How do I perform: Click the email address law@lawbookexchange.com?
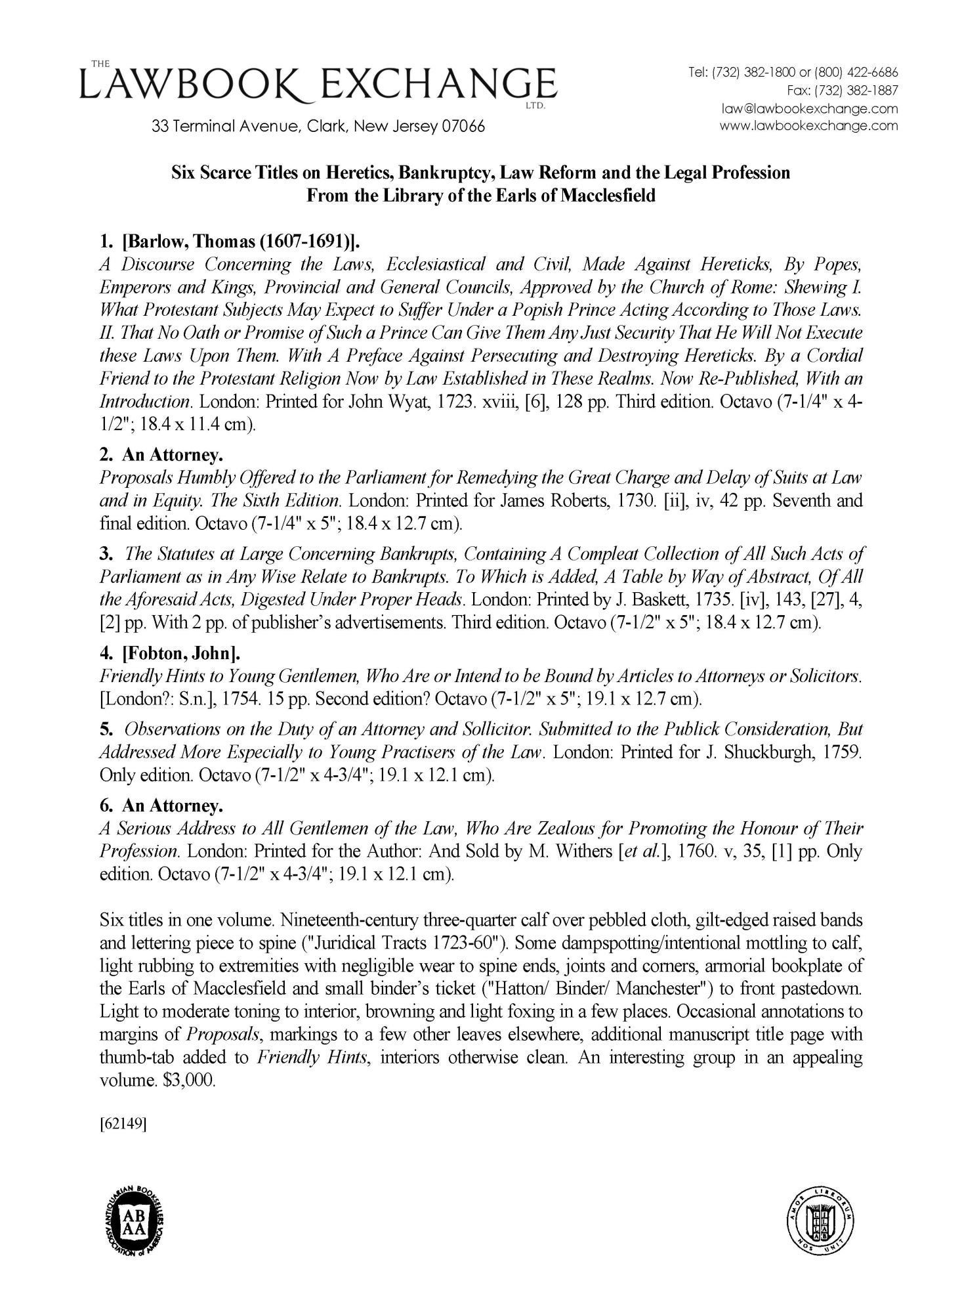[x=808, y=108]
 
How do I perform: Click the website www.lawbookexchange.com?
[x=808, y=125]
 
